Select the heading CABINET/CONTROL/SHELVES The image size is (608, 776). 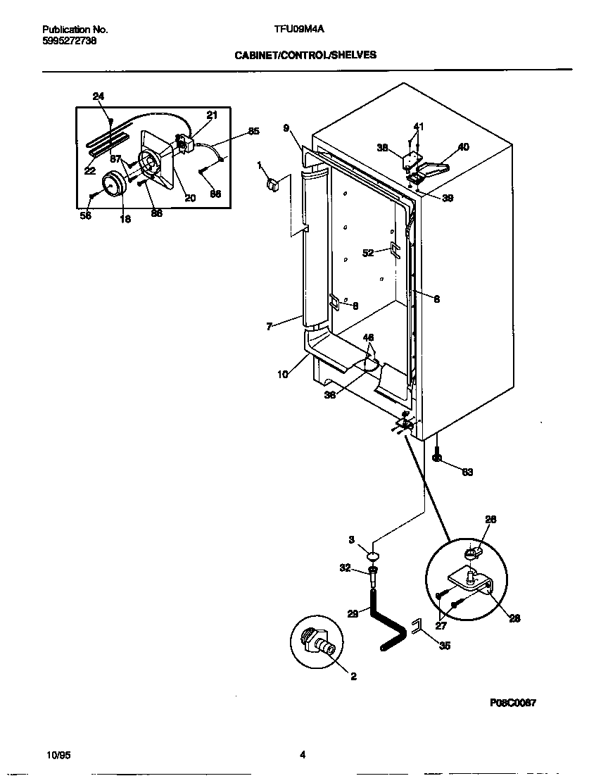pos(305,54)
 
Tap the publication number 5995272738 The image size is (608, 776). pos(70,41)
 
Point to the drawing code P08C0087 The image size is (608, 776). pos(514,703)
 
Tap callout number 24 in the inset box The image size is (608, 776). pos(98,96)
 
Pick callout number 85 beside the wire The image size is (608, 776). pos(253,131)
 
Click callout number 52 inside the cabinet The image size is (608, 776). pos(367,253)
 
